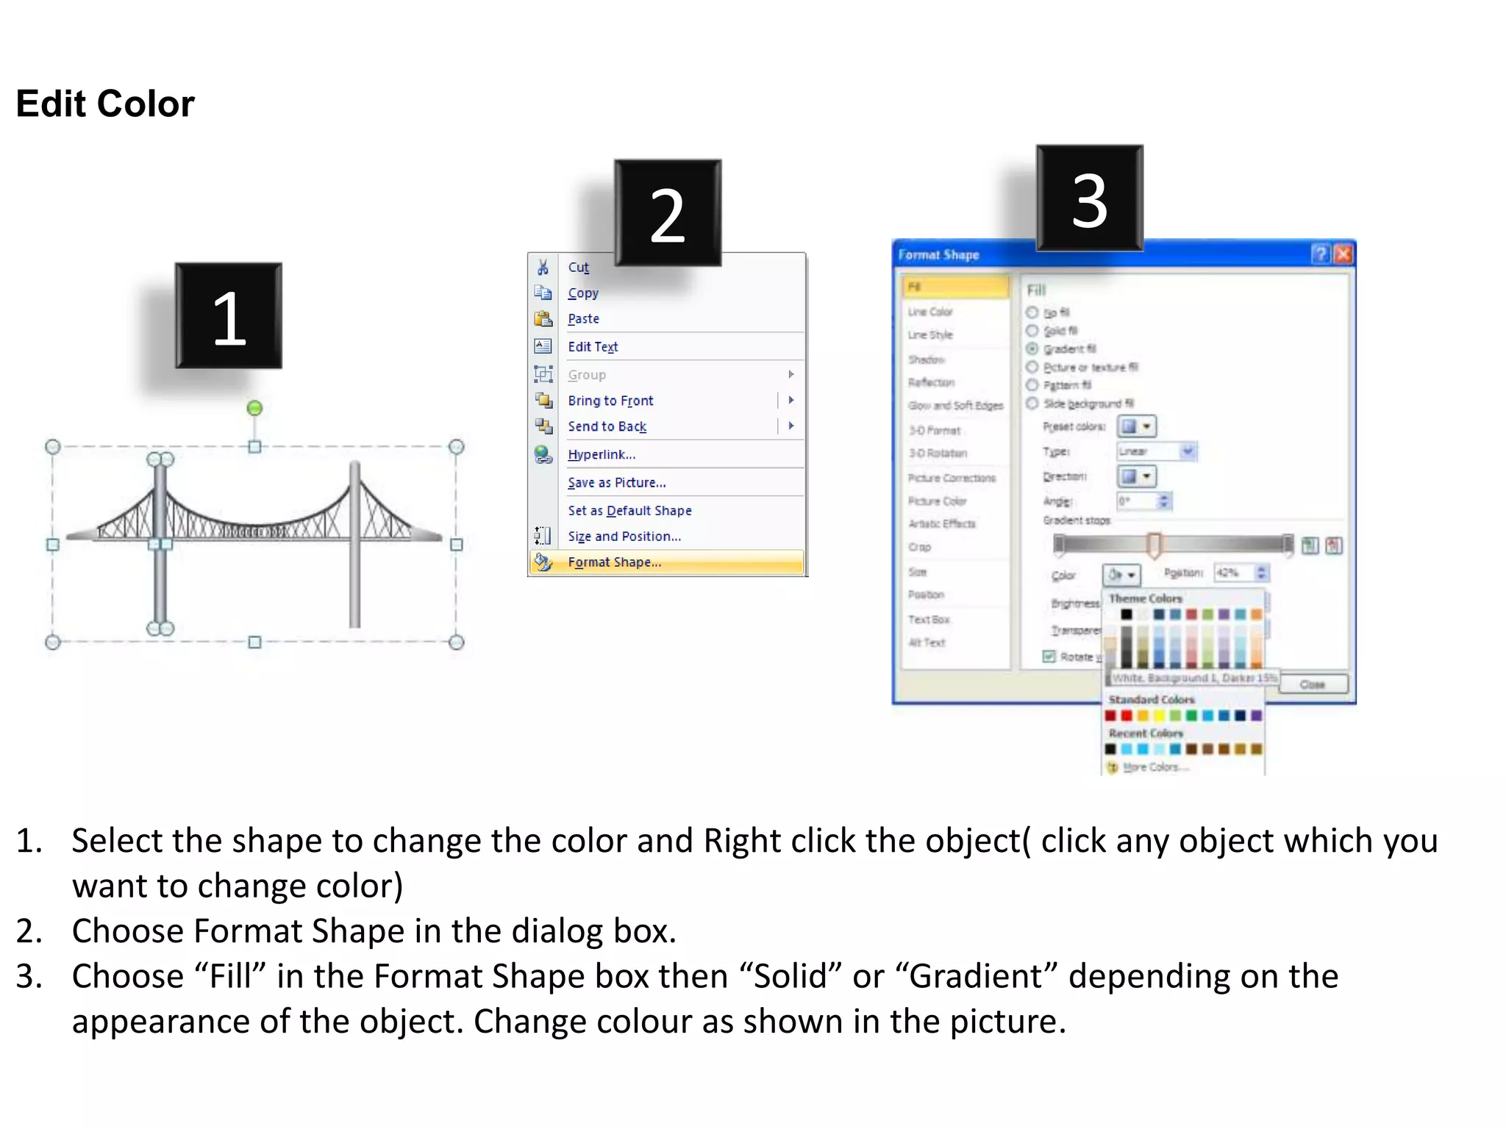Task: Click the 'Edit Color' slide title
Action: [x=105, y=104]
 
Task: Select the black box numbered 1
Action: [x=228, y=315]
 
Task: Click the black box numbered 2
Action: [x=667, y=212]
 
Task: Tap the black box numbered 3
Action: [x=1089, y=198]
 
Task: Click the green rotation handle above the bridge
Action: [x=254, y=408]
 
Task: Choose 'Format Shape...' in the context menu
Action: [x=614, y=562]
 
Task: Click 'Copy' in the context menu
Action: [x=583, y=293]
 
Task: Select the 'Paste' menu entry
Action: [x=583, y=319]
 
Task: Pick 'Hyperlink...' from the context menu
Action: [x=601, y=454]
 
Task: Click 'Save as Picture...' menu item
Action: [x=616, y=483]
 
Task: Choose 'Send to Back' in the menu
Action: [x=607, y=426]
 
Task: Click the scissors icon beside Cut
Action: [x=543, y=267]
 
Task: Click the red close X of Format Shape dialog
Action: [x=1343, y=254]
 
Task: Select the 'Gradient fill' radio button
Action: [x=1032, y=348]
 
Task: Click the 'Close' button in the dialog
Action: [x=1313, y=684]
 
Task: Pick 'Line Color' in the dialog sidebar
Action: [x=929, y=312]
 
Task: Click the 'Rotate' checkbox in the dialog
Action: [x=1049, y=656]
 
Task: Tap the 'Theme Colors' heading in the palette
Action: [x=1145, y=598]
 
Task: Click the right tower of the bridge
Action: [x=354, y=544]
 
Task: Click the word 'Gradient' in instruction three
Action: [x=976, y=976]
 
